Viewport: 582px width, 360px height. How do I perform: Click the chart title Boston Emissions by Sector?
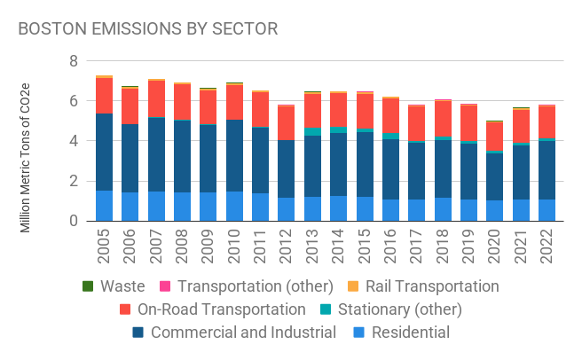click(148, 28)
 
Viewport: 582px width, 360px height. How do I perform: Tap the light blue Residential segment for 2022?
click(547, 210)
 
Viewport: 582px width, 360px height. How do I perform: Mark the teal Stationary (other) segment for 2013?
click(312, 131)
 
